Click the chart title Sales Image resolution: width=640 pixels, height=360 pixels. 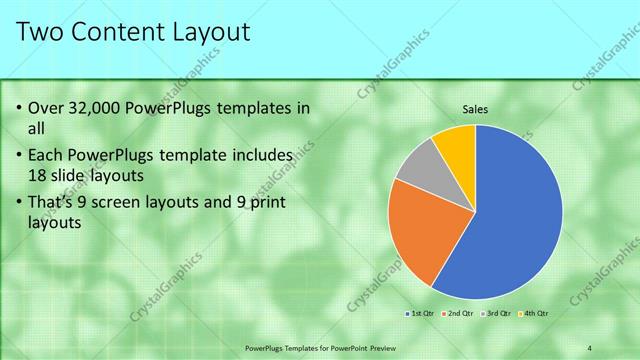tap(475, 109)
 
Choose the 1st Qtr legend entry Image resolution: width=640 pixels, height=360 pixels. tap(421, 314)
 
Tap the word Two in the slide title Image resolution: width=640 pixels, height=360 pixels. tap(41, 32)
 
